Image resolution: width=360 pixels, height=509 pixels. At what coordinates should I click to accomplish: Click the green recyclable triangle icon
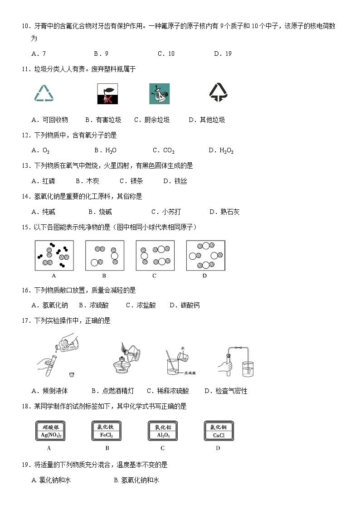[44, 93]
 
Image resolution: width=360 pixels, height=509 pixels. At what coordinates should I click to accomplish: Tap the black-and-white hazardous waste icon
[106, 93]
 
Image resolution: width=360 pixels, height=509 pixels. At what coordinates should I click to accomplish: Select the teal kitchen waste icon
[159, 93]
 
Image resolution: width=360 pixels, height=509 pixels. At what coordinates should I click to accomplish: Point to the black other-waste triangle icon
[218, 92]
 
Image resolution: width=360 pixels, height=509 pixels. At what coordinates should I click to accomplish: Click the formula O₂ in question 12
[46, 150]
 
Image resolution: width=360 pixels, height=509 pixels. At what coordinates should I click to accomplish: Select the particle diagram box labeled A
[54, 255]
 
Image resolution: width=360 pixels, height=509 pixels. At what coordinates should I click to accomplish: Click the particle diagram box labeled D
[205, 255]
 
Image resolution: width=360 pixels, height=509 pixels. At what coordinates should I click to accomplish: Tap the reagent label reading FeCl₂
[106, 431]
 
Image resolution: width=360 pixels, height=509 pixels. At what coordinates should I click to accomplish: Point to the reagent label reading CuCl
[219, 431]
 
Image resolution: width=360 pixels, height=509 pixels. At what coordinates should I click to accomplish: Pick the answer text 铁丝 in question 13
[181, 181]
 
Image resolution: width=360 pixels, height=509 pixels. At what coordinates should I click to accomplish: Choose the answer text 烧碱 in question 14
[106, 212]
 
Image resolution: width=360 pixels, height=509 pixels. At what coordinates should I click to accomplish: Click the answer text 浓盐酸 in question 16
[146, 305]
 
